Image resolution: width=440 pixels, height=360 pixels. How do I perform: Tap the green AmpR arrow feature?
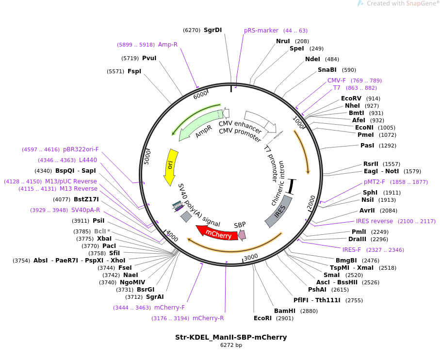(x=201, y=125)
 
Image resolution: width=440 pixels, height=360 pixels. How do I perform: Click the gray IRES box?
(x=278, y=211)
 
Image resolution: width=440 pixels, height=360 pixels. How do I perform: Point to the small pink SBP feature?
(x=242, y=235)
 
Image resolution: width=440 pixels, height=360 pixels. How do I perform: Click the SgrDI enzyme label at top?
(x=212, y=30)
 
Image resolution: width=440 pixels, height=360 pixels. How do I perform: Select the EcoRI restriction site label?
(x=262, y=318)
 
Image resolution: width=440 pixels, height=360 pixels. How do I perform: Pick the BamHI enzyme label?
(x=285, y=311)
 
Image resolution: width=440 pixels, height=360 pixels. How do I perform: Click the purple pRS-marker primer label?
(x=261, y=30)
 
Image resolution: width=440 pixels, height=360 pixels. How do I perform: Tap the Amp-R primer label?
(x=168, y=45)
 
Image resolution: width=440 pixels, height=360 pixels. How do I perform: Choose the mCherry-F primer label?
(x=169, y=308)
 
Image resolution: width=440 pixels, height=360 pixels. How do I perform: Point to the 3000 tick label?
(x=251, y=257)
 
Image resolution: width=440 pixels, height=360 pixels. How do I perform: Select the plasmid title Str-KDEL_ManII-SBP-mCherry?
(x=231, y=337)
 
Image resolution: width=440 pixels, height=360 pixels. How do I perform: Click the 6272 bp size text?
(x=231, y=345)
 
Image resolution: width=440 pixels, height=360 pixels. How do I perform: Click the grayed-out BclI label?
(x=100, y=231)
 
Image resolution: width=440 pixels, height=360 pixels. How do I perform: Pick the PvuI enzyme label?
(x=149, y=58)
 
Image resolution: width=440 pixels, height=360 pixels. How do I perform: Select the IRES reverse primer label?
(x=375, y=221)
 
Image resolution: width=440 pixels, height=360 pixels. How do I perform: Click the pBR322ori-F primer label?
(x=81, y=149)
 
